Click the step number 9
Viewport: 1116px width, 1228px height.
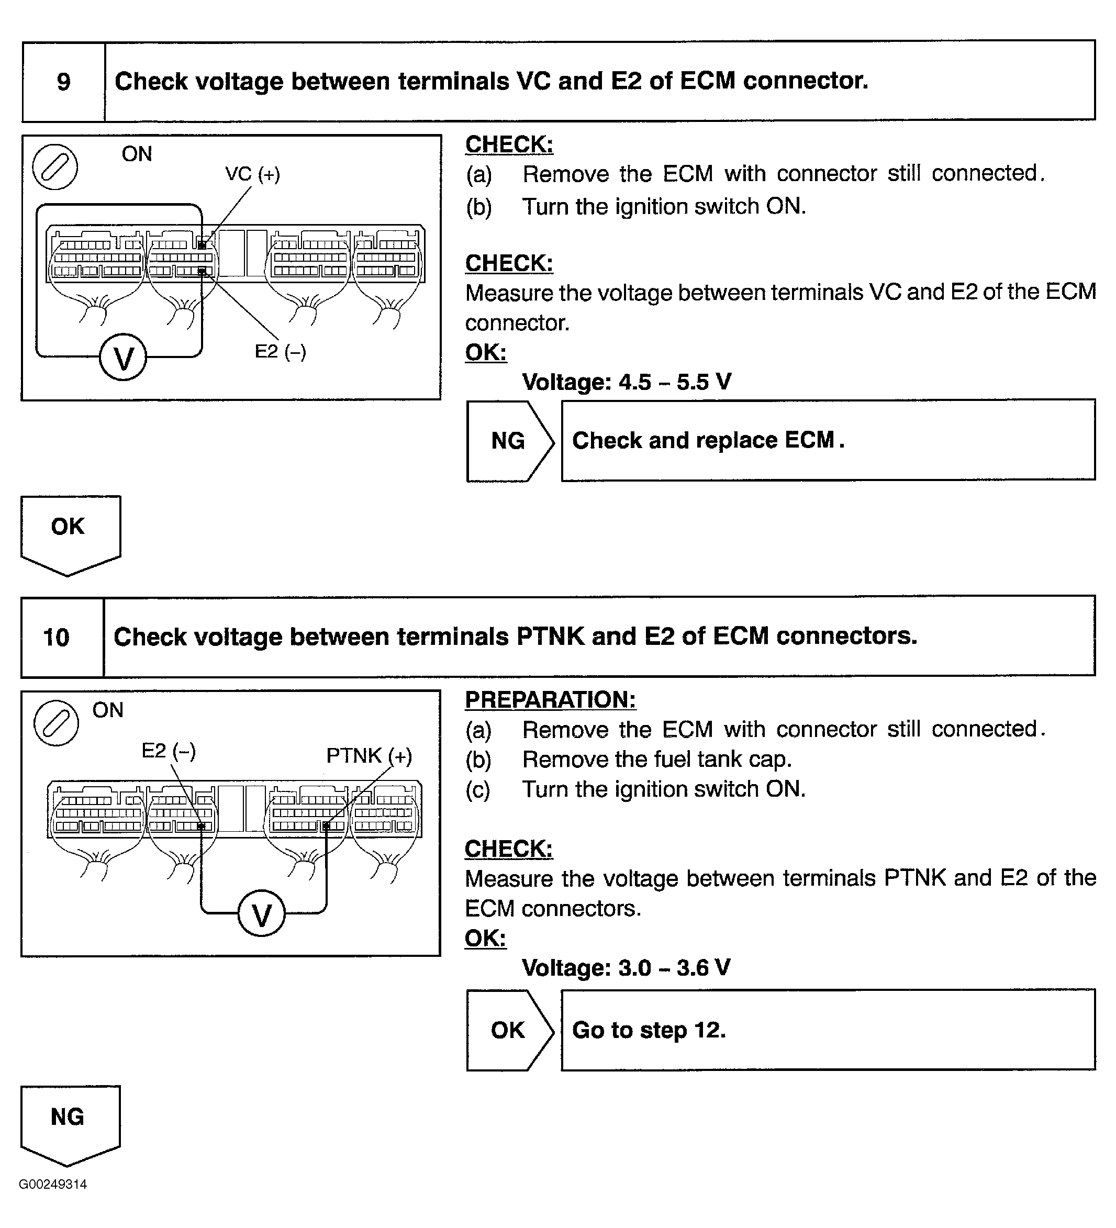tap(63, 82)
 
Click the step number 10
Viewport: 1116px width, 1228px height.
tap(57, 638)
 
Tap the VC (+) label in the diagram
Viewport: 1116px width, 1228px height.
tap(252, 174)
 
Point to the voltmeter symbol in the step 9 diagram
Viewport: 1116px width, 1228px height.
tap(123, 358)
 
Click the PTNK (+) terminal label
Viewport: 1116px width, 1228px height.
tap(369, 756)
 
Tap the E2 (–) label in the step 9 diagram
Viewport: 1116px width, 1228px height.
tap(280, 351)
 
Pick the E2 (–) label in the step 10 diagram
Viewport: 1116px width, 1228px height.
tap(168, 751)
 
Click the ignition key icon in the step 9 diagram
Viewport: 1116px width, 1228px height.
tap(55, 167)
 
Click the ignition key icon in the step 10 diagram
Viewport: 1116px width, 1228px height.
tap(56, 723)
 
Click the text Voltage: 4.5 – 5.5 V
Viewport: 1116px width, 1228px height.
tap(626, 383)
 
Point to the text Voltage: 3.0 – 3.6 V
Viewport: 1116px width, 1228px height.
tap(626, 968)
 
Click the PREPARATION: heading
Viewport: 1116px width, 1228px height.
tap(550, 700)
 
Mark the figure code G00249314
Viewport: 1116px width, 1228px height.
tap(53, 1184)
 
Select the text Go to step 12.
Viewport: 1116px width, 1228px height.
tap(649, 1030)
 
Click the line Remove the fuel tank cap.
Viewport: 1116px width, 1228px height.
tap(657, 760)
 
